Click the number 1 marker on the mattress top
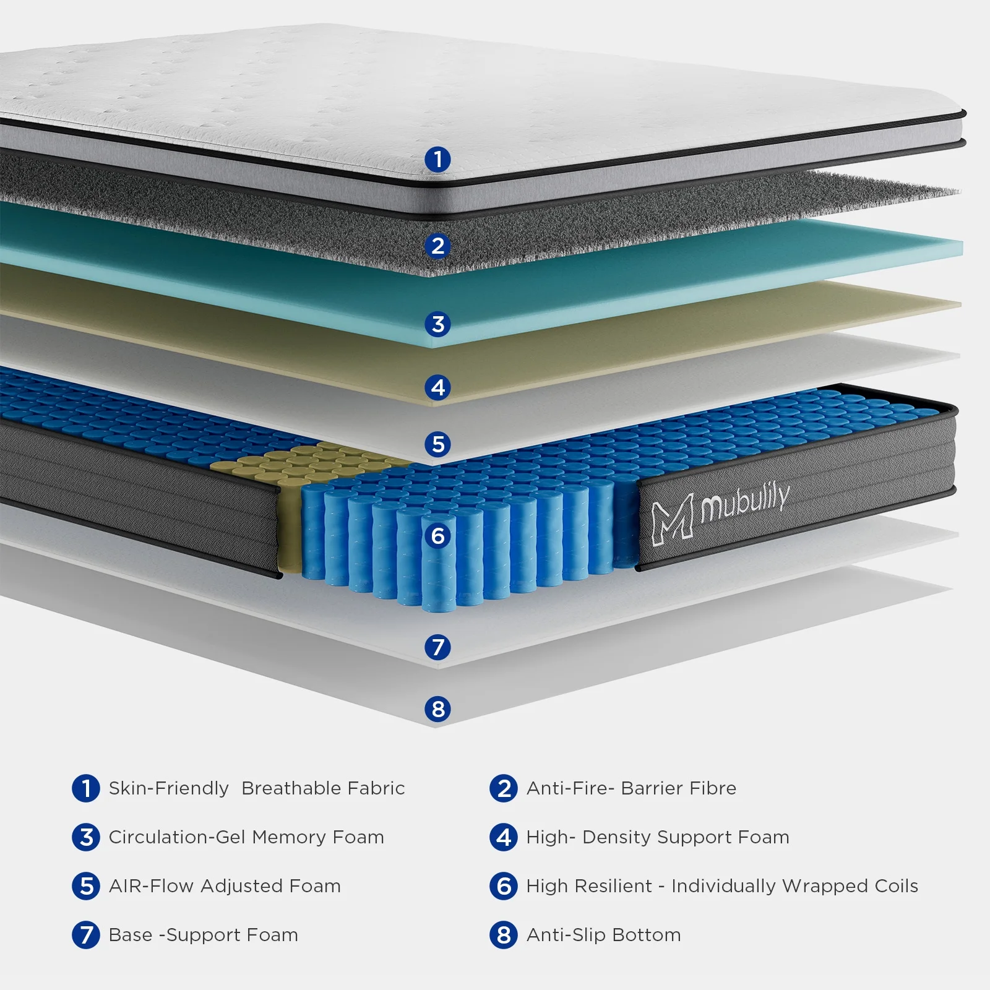[437, 159]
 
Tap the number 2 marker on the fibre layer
[437, 246]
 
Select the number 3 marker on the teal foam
[437, 324]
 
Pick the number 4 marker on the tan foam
[437, 387]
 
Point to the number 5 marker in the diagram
[437, 444]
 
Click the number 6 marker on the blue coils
[437, 535]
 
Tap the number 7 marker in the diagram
[437, 647]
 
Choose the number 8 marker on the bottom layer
[437, 708]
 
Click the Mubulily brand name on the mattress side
[746, 502]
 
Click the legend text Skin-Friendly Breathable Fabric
[256, 788]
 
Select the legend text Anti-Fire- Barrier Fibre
[631, 788]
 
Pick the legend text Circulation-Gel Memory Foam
[246, 837]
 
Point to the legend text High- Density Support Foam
[658, 837]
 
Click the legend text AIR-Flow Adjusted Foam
[225, 886]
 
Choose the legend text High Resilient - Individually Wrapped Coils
[722, 886]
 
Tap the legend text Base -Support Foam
[203, 935]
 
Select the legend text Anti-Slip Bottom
[603, 935]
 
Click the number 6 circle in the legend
[504, 886]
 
